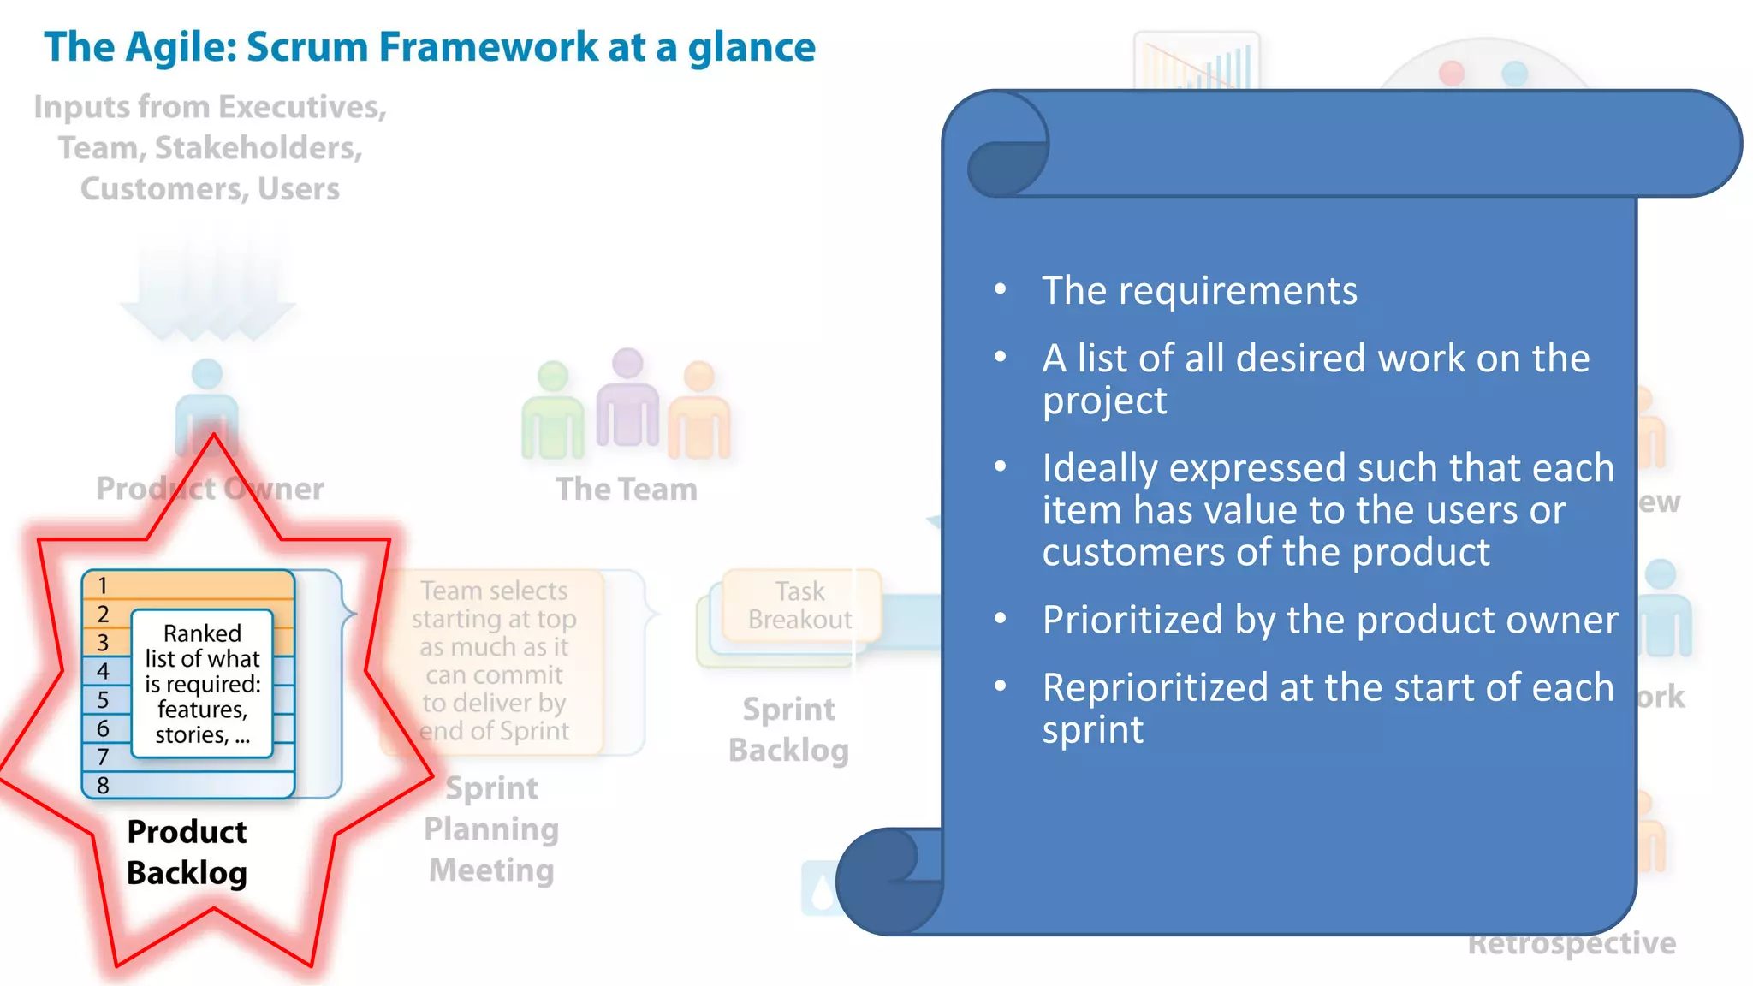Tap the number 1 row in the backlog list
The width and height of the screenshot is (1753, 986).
tap(188, 585)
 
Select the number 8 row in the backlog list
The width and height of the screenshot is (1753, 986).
tap(188, 785)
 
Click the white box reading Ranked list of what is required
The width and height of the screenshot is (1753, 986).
tap(202, 684)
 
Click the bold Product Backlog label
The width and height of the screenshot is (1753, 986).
tap(187, 852)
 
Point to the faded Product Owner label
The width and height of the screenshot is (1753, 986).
tap(210, 489)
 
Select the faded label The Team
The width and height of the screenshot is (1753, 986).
tap(627, 490)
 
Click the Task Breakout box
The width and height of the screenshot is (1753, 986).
tap(800, 605)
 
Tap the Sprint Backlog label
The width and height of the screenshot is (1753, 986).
tap(788, 729)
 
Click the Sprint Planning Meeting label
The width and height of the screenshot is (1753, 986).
tap(491, 829)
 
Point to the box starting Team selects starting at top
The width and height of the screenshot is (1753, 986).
tap(494, 661)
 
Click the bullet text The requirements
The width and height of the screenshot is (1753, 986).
tap(1199, 291)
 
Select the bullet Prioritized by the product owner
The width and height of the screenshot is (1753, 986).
tap(1329, 620)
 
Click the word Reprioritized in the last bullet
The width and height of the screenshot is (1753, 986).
tap(1155, 688)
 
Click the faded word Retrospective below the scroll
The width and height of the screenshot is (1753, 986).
tap(1572, 944)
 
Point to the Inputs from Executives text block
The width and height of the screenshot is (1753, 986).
tap(210, 148)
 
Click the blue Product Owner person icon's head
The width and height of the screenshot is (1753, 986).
tap(207, 374)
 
